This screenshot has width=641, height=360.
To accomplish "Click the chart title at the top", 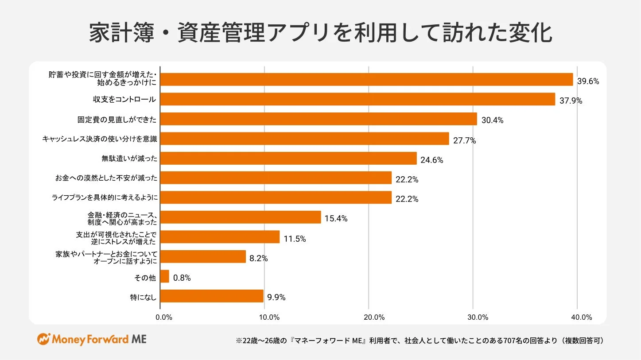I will point(320,34).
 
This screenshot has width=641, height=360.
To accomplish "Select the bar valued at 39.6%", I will point(366,79).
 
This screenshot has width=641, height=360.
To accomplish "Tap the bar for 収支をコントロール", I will point(357,99).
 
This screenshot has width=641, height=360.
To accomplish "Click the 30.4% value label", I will point(492,120).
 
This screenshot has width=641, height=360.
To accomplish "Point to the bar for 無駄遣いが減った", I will point(288,158).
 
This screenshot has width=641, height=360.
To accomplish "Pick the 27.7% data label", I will point(464,141).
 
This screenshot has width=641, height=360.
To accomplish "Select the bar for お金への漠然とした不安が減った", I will point(276,178).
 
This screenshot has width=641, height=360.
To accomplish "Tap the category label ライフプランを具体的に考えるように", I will point(105,197).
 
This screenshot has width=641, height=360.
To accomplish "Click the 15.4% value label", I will point(336,218).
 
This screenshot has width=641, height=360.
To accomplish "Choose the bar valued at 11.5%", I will point(220,237).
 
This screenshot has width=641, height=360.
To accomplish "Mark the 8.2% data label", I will point(258,259).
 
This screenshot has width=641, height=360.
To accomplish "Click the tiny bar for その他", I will point(164,276).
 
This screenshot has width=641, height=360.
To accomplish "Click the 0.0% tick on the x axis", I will point(164,317).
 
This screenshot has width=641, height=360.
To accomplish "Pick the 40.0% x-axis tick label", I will point(582,317).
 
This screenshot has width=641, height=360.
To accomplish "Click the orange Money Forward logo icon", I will point(43,339).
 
